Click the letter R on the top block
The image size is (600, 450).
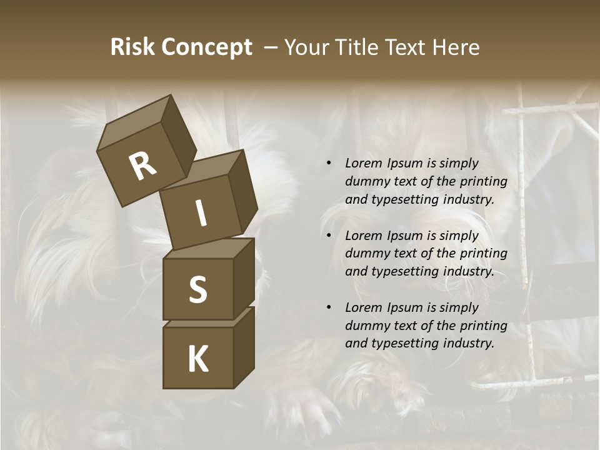(x=142, y=166)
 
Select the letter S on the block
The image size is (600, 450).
(x=197, y=289)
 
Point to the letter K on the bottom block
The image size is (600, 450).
(x=197, y=359)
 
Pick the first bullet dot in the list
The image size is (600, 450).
(x=329, y=164)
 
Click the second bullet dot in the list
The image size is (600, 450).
(x=329, y=236)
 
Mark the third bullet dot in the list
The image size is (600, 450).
(x=329, y=307)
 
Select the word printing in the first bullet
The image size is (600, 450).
(x=483, y=181)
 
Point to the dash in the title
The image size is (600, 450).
(x=271, y=47)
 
